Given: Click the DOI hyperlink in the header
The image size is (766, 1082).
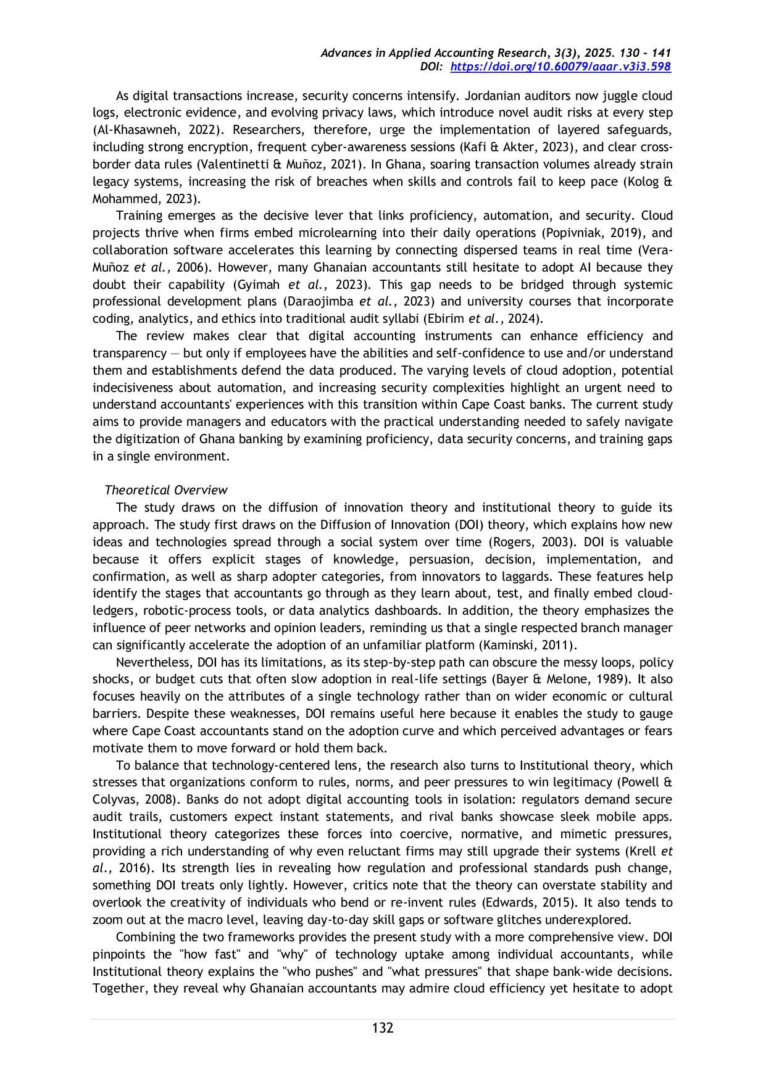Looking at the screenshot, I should (x=560, y=67).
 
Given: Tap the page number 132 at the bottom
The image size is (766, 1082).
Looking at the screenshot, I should (x=383, y=1028).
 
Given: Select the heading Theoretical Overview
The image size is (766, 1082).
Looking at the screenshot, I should (x=166, y=490).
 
